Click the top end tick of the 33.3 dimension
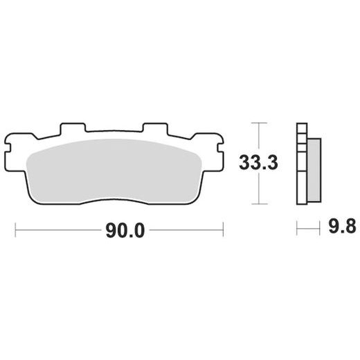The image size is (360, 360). coord(258,123)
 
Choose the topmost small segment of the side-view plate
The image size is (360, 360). coord(300,127)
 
